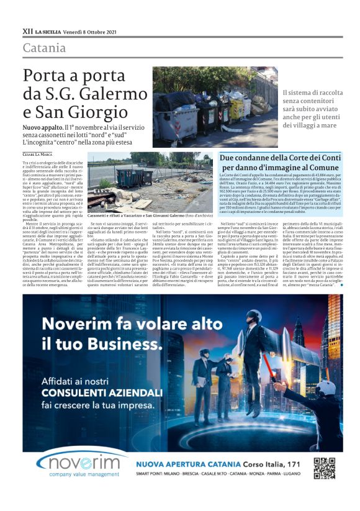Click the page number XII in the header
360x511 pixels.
tap(27, 30)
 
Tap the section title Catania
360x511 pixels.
tap(44, 48)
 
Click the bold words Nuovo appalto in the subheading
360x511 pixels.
tap(42, 127)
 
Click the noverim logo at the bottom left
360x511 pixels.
tap(74, 463)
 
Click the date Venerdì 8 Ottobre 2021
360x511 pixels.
tap(93, 30)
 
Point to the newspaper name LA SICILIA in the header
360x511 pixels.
tap(48, 30)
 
